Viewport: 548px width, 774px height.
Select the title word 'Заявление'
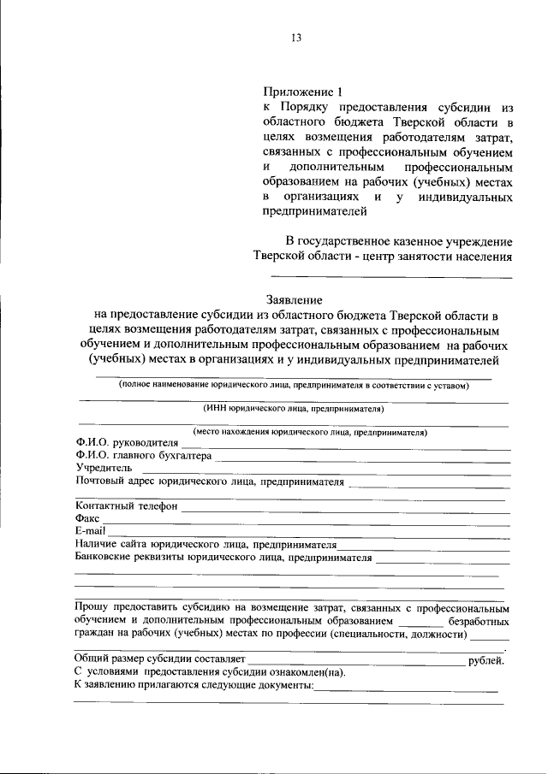294,300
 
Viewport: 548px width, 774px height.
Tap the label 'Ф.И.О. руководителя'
127,443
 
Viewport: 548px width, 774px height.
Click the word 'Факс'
87,519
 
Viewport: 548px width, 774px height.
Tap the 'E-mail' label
89,532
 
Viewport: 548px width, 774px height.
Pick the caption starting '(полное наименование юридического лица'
294,386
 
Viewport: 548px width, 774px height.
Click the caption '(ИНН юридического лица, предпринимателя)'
294,410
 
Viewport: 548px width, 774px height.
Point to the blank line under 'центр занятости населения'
392,276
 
